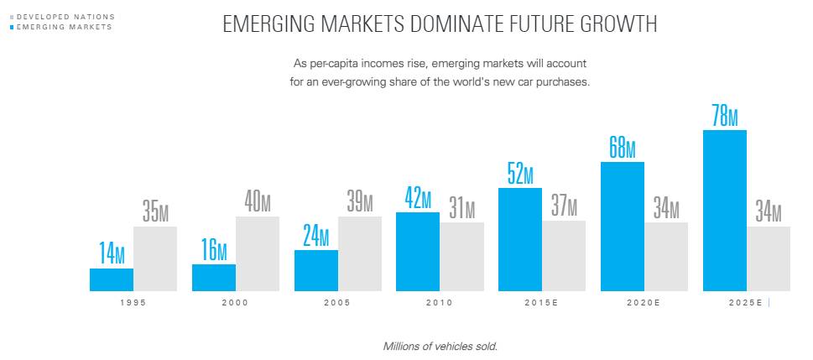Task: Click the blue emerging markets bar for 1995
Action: tap(112, 279)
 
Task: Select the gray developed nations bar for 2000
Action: tap(258, 253)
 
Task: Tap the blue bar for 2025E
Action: tap(724, 211)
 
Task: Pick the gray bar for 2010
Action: tap(462, 257)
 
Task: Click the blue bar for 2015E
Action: tap(520, 239)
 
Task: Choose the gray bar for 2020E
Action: tap(666, 257)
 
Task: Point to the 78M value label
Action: tap(724, 115)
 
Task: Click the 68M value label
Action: tap(622, 147)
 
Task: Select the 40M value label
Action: tap(258, 202)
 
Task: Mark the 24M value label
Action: tap(316, 236)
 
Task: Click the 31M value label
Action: tap(462, 208)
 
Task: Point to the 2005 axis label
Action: tap(336, 302)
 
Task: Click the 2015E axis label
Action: tap(541, 302)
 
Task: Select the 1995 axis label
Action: tap(133, 302)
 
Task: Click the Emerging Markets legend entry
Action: tap(64, 27)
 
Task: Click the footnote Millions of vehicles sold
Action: tap(440, 346)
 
